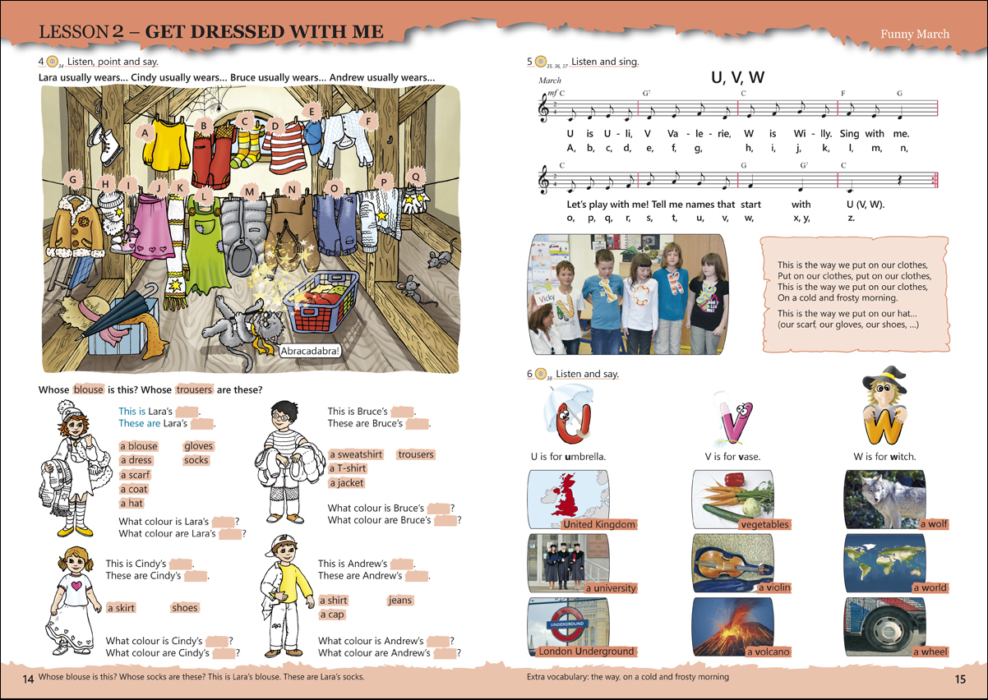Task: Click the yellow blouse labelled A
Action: tap(166, 145)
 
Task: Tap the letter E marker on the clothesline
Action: tap(312, 112)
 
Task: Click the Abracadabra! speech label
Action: tap(310, 351)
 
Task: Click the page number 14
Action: tap(28, 679)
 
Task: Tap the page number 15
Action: tap(960, 679)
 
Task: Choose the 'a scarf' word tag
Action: tap(136, 475)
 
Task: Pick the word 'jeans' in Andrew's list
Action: tap(400, 601)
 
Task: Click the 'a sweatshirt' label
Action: tap(357, 454)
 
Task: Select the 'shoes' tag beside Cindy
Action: tap(185, 608)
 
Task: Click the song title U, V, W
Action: tap(737, 77)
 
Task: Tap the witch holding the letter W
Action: tap(884, 406)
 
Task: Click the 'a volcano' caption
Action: tap(769, 652)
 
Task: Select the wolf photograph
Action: tap(884, 500)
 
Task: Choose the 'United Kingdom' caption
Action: tap(599, 524)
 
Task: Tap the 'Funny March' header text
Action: tap(915, 34)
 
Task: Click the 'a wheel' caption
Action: tap(930, 652)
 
